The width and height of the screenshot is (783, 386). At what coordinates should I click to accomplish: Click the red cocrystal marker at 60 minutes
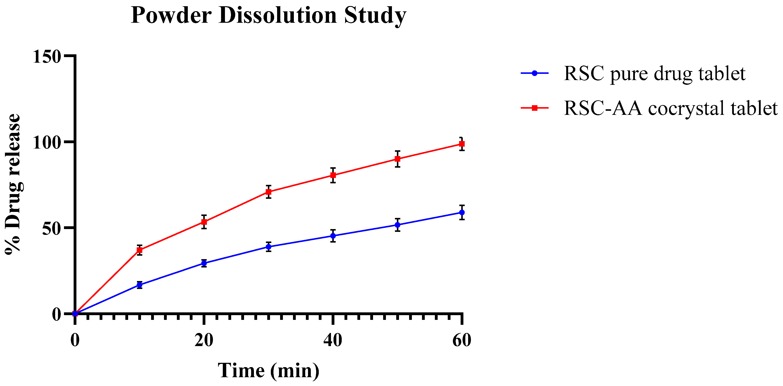[x=462, y=144]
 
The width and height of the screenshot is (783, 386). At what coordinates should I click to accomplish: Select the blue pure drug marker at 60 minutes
[x=462, y=213]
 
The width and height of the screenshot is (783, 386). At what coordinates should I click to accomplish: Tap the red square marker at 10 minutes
[x=140, y=250]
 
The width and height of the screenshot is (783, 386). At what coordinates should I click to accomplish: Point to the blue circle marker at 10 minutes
[x=140, y=285]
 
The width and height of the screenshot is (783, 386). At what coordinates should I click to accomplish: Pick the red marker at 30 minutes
[x=268, y=192]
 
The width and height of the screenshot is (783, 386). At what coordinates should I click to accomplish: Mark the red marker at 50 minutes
[x=398, y=159]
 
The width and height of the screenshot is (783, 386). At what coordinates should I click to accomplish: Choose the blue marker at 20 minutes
[x=204, y=263]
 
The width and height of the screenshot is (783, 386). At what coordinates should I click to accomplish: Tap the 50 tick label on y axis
[x=51, y=228]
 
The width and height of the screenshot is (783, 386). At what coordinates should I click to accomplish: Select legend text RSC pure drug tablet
[x=654, y=74]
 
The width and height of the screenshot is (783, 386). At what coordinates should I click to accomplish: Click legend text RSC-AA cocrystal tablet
[x=671, y=108]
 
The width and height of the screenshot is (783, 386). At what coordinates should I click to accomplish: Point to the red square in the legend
[x=535, y=108]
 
